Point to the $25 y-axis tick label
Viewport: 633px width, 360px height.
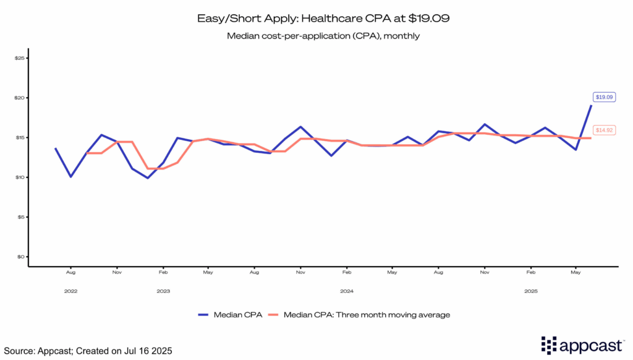(19, 58)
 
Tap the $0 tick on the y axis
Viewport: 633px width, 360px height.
(20, 257)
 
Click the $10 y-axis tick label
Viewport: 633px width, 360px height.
(19, 178)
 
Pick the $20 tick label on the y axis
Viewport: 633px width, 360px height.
(19, 98)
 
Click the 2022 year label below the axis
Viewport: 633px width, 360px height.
(71, 290)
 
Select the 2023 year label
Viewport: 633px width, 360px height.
(163, 290)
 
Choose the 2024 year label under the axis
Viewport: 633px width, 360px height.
(346, 290)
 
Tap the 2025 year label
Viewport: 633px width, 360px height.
(530, 290)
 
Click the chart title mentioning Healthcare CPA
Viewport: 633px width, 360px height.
(323, 19)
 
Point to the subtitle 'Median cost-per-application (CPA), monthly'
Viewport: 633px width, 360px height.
(323, 36)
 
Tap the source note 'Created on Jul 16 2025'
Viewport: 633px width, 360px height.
(87, 351)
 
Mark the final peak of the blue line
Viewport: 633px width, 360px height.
(591, 106)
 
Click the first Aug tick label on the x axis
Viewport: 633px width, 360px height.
(71, 272)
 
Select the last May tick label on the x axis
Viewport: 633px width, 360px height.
(576, 272)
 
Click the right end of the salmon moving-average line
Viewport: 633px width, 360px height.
(590, 138)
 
